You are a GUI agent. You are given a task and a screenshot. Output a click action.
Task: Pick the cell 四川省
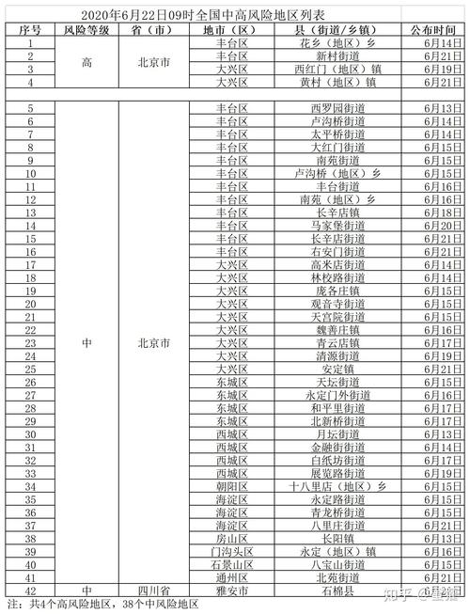point(152,591)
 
